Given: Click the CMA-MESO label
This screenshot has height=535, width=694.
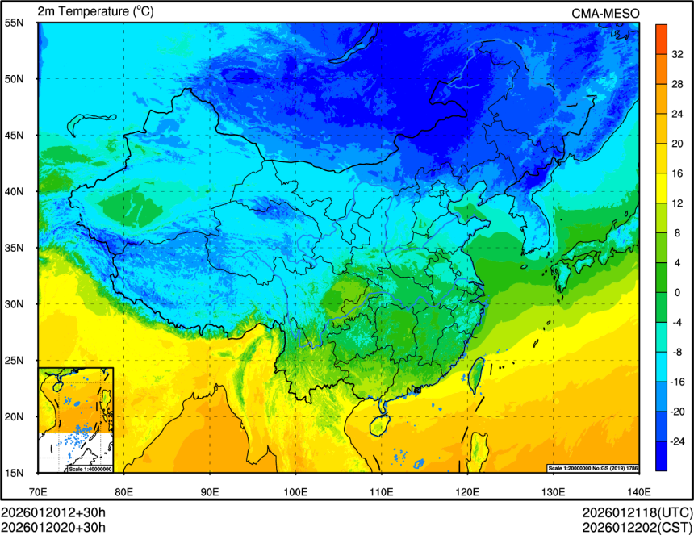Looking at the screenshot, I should (x=605, y=12).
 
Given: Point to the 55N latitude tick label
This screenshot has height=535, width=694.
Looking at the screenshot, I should (x=15, y=23).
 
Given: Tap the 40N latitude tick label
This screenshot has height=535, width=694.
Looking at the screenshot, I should (x=15, y=192).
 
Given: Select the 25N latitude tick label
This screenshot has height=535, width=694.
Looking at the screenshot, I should (x=15, y=361).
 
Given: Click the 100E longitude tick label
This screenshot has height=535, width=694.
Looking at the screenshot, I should (x=295, y=491).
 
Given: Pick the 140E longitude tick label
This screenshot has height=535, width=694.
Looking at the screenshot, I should (x=638, y=491).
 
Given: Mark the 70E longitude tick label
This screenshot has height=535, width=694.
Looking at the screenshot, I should (x=38, y=491).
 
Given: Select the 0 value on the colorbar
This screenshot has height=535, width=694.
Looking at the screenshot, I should (x=677, y=292).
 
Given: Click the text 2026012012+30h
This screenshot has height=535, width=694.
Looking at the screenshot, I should (x=53, y=513).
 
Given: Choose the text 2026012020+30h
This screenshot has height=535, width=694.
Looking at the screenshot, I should (x=53, y=527).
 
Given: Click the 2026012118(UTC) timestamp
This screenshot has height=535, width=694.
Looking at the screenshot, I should (x=638, y=513).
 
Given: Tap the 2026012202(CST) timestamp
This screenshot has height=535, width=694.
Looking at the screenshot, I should (x=638, y=527).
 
